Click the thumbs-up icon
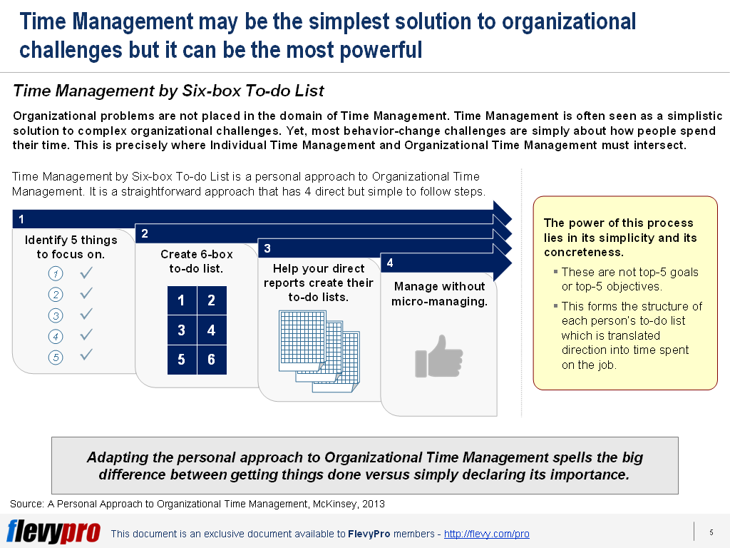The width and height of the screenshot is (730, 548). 438,357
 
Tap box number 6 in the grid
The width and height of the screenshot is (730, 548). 212,360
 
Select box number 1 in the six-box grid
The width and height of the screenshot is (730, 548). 182,300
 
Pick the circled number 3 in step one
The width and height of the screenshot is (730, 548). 56,315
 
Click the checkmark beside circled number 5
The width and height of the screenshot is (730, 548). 86,355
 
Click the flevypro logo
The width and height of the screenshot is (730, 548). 53,532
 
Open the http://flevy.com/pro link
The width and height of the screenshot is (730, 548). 486,534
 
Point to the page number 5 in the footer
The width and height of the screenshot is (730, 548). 711,532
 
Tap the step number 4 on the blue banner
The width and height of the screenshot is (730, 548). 390,263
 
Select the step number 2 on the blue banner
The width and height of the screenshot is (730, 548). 145,234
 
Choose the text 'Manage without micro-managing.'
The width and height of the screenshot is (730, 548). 439,293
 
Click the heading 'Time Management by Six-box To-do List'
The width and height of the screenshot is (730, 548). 168,91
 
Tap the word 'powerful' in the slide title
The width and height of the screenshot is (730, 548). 381,50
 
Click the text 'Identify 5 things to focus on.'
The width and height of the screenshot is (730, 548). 71,247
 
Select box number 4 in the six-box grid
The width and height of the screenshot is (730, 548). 212,330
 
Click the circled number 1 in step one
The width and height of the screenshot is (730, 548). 56,273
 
